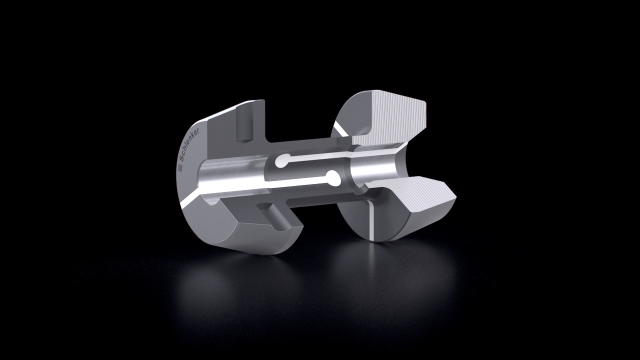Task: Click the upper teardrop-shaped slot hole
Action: [282, 161]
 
